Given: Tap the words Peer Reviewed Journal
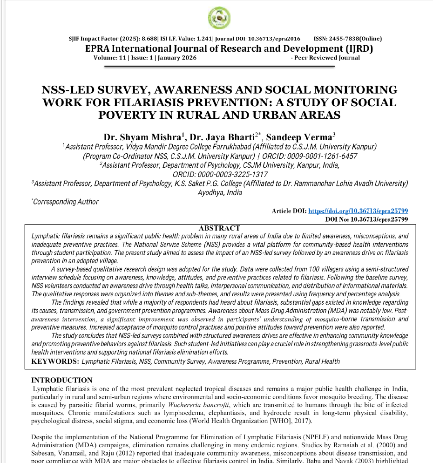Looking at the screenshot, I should tap(327, 58).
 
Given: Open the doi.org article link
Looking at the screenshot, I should tap(358, 211).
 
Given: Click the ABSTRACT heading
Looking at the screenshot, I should tap(219, 228).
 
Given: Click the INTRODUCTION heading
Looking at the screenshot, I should tap(61, 380).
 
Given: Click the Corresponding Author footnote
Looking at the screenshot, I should tap(66, 202).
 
